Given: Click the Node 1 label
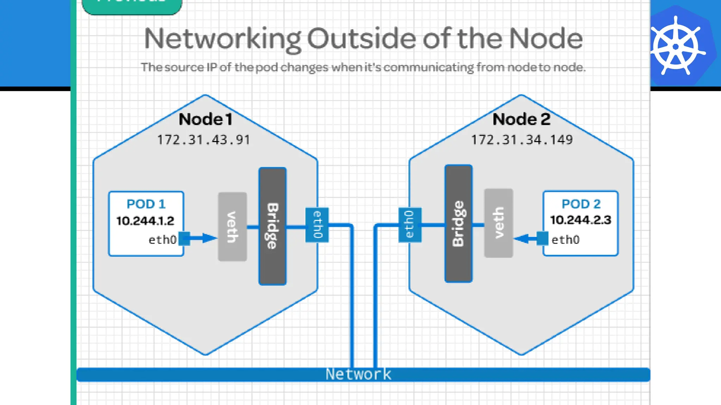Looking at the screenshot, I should click(x=206, y=119).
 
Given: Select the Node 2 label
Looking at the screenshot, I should click(x=521, y=119).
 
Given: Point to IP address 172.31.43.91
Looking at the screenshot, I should click(x=203, y=140).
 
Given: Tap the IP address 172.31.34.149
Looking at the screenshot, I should click(x=522, y=140).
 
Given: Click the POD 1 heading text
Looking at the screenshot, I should click(x=146, y=204).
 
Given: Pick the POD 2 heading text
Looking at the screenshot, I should click(x=581, y=204).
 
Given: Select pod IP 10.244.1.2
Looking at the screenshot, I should click(x=145, y=221).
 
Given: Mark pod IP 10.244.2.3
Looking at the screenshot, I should click(x=581, y=220).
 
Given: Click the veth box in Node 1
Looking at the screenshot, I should click(x=232, y=227).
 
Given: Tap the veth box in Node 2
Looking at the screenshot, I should click(x=499, y=223).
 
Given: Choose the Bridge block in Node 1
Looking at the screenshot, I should click(x=272, y=226).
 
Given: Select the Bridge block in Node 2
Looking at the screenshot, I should click(x=458, y=224).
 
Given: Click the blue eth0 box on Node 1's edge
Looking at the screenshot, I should click(x=317, y=225).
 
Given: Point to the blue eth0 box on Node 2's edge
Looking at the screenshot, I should click(x=410, y=225).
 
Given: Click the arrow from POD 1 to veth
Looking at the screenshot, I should click(x=201, y=238).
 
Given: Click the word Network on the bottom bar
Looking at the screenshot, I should click(x=358, y=374).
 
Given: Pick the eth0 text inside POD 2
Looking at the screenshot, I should click(x=565, y=240).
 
